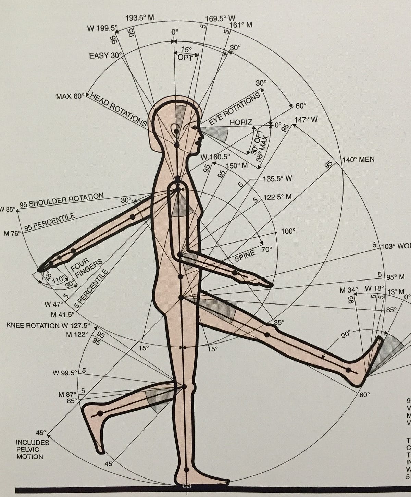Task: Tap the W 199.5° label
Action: pos(102,28)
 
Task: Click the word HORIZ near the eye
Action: pos(241,122)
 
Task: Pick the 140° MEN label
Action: pos(358,159)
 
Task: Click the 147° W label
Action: pos(306,120)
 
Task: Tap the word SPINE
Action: pos(245,256)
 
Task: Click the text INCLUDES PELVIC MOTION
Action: pos(32,449)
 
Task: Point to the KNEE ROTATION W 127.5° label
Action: pos(48,325)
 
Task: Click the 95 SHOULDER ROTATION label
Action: pos(62,200)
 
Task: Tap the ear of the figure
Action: pos(176,129)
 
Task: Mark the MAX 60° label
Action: pos(70,96)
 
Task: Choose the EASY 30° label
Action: pos(103,55)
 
